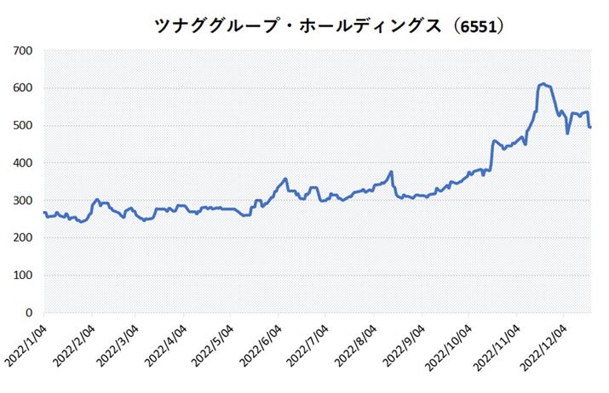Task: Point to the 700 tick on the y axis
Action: (23, 51)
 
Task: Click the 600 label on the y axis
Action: (23, 88)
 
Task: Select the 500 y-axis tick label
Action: (23, 126)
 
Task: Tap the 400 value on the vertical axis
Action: (23, 163)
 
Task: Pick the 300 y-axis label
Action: (23, 201)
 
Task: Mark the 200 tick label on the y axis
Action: (23, 238)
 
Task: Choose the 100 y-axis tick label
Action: (23, 276)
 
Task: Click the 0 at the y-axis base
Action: (29, 313)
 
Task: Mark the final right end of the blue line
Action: (591, 127)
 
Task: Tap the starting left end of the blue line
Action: (43, 213)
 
